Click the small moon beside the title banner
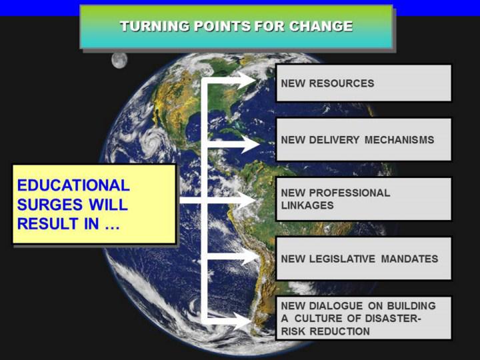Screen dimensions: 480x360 [x=119, y=60]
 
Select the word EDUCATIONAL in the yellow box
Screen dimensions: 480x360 [x=73, y=185]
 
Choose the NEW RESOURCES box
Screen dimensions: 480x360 [x=364, y=83]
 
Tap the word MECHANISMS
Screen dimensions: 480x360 [x=399, y=140]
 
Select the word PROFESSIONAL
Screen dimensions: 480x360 [x=349, y=193]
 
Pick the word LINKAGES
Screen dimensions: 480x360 [x=307, y=205]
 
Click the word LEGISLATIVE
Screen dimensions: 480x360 [x=342, y=259]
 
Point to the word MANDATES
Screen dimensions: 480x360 [x=409, y=259]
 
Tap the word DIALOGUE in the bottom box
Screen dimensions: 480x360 [x=336, y=305]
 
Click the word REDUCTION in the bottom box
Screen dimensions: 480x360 [x=339, y=331]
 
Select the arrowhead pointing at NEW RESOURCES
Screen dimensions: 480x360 [x=247, y=81]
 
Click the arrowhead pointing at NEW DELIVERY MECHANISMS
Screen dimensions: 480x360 [x=249, y=144]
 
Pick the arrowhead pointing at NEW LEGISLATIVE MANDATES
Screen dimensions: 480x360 [x=249, y=257]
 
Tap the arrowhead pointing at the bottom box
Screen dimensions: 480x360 [x=243, y=321]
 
